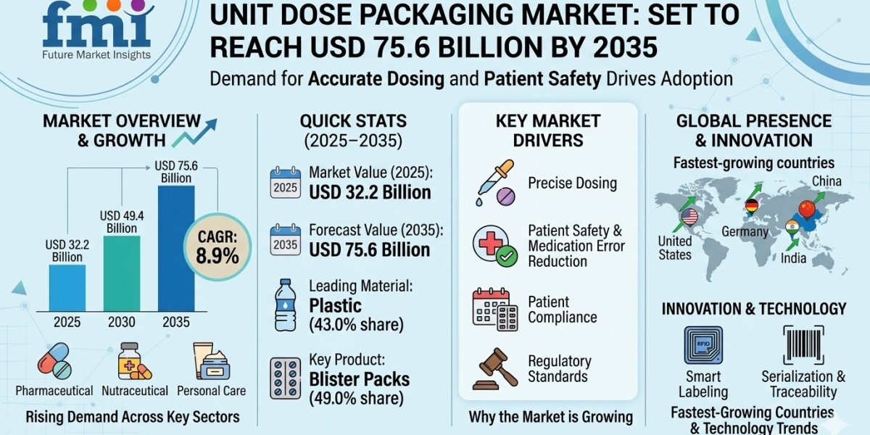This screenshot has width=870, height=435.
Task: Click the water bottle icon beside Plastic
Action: point(285,304)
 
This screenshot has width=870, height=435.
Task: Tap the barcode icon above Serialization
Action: point(803,345)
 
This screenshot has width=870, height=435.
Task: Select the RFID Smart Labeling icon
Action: point(703,345)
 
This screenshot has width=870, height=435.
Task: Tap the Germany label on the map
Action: point(745,232)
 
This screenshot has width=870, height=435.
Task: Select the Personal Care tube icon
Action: point(211,360)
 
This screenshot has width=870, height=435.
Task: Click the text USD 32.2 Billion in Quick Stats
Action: point(370,192)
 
